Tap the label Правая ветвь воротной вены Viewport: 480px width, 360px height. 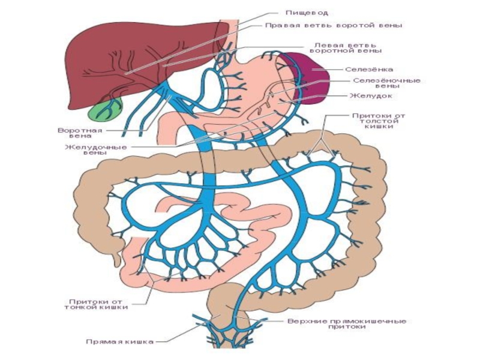(334, 26)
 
